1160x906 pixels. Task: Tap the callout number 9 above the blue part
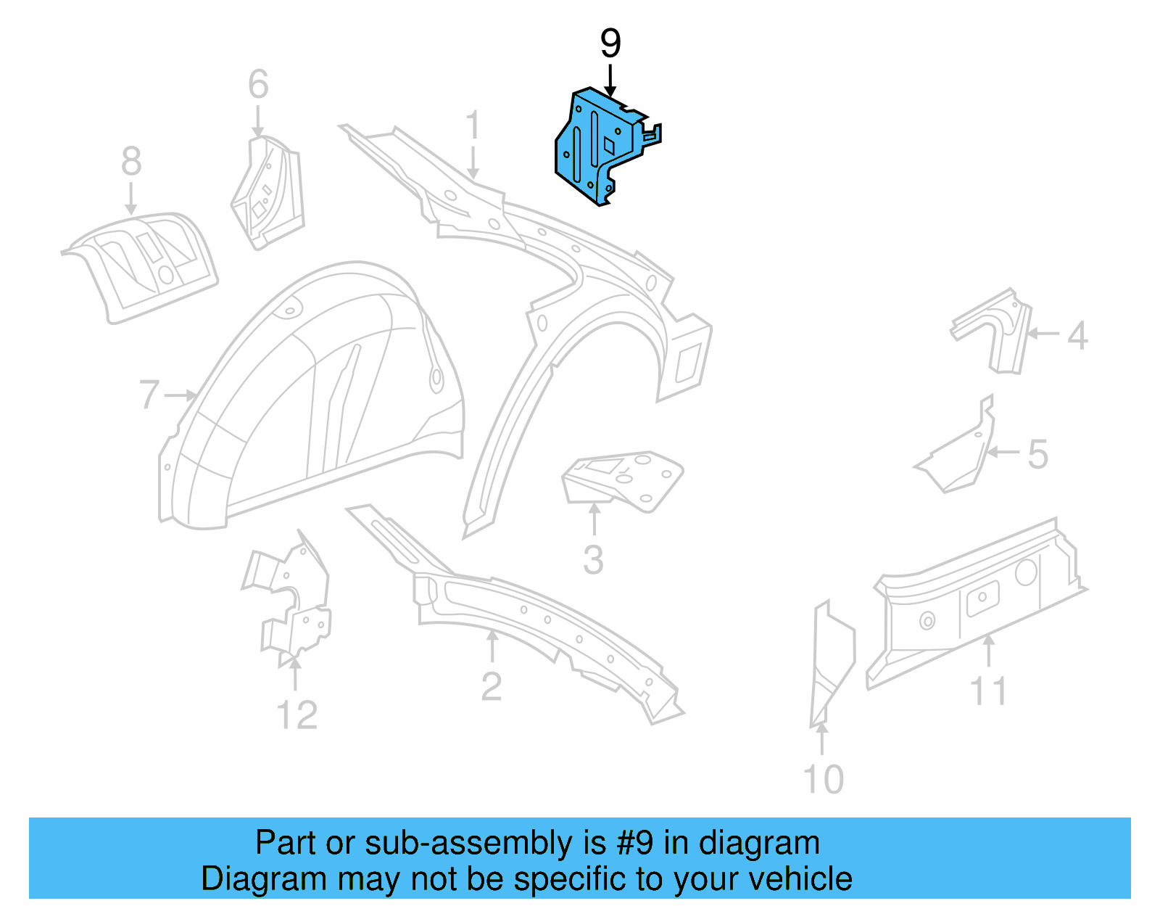pyautogui.click(x=610, y=44)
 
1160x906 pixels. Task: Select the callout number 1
pyautogui.click(x=473, y=125)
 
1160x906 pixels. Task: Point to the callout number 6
pyautogui.click(x=258, y=84)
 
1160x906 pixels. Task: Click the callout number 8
pyautogui.click(x=131, y=161)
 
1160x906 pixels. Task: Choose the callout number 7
pyautogui.click(x=149, y=395)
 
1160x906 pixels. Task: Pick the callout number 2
pyautogui.click(x=491, y=687)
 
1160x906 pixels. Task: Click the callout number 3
pyautogui.click(x=593, y=561)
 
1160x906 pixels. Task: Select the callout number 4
pyautogui.click(x=1078, y=336)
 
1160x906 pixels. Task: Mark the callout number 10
pyautogui.click(x=823, y=780)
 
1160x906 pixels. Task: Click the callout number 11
pyautogui.click(x=988, y=691)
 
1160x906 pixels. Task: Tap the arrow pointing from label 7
pyautogui.click(x=181, y=395)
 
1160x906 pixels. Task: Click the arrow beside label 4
pyautogui.click(x=1043, y=334)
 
